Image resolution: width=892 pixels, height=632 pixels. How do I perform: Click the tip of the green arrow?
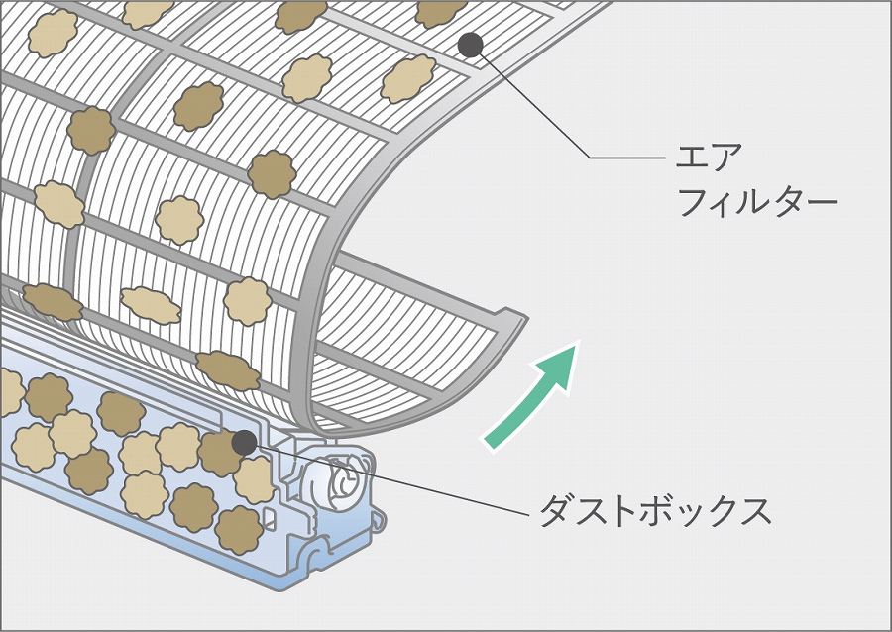click(578, 342)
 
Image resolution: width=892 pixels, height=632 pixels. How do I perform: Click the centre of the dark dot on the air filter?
click(471, 45)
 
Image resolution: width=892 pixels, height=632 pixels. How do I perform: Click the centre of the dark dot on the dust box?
click(245, 443)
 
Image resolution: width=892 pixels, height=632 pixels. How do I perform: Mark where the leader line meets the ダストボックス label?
click(529, 514)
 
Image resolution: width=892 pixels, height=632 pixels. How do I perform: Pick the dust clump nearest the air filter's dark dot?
click(408, 78)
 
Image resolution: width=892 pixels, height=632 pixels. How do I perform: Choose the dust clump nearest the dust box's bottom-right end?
click(239, 530)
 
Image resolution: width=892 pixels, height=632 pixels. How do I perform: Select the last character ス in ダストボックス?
click(754, 510)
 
